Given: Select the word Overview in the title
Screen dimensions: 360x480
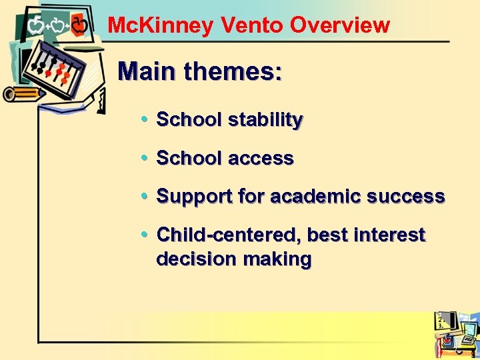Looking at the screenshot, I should point(340,25).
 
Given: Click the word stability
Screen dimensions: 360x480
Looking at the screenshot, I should point(265,120).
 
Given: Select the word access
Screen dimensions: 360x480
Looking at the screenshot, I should point(261,159).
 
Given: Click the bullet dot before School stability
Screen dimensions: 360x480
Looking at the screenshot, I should point(146,120).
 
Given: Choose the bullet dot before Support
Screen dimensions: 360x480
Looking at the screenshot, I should point(146,197).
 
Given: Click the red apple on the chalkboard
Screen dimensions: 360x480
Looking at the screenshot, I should point(79,26).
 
